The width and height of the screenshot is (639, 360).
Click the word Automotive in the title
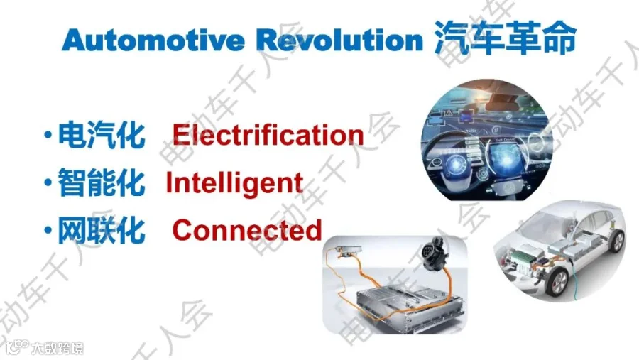[x=153, y=40]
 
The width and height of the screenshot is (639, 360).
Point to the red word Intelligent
[x=234, y=183]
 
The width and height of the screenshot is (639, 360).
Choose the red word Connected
[x=247, y=230]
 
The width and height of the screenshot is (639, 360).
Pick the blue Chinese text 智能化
[x=102, y=182]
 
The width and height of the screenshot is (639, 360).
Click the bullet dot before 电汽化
[x=48, y=134]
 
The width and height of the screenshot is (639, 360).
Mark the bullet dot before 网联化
[x=48, y=230]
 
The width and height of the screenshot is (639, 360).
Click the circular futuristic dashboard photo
[x=486, y=140]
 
